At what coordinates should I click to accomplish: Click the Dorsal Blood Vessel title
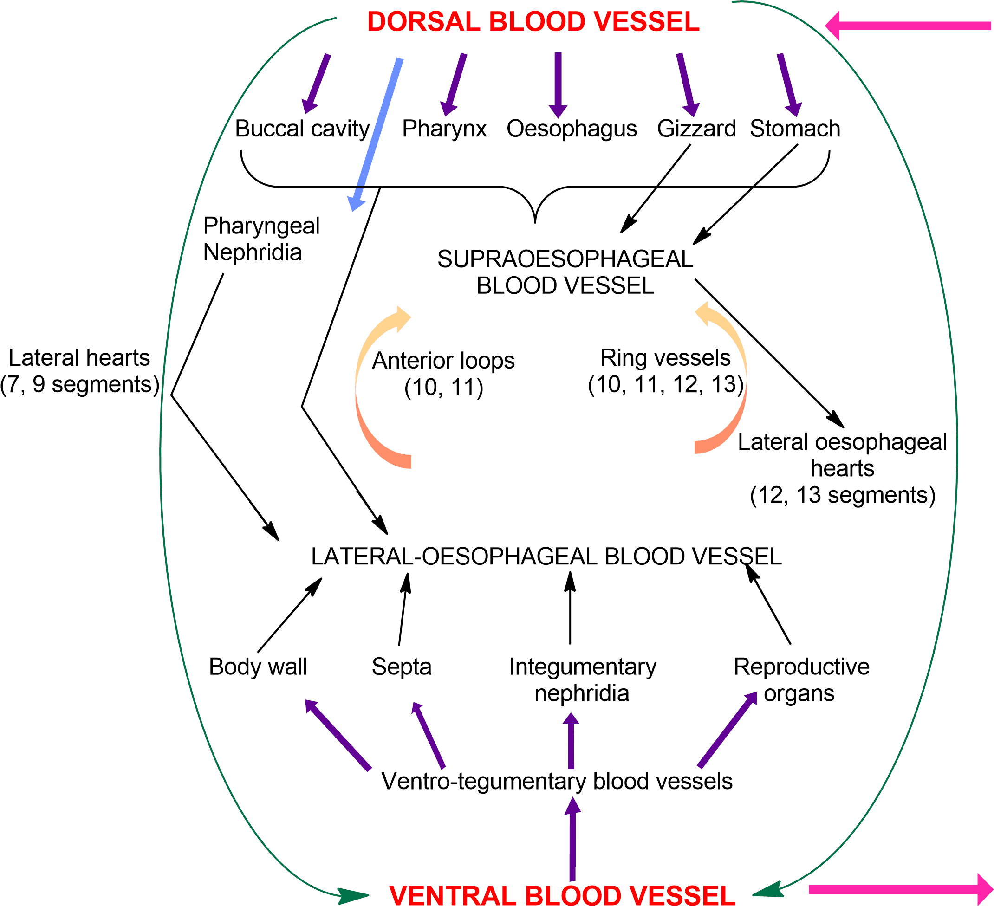[533, 23]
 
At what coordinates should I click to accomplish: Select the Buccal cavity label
[302, 129]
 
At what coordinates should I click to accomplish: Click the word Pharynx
[444, 129]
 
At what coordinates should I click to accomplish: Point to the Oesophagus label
[572, 129]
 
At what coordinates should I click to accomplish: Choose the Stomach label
[795, 129]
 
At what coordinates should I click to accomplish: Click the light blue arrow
[376, 133]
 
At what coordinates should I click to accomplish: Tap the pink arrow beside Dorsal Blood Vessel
[907, 26]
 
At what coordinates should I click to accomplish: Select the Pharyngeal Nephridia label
[261, 239]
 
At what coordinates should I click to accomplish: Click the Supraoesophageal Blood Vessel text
[565, 272]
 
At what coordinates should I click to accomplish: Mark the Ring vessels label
[666, 371]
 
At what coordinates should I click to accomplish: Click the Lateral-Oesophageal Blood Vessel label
[546, 557]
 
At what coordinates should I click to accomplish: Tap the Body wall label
[258, 667]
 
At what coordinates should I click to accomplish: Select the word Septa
[401, 667]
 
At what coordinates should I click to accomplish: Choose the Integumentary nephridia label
[582, 680]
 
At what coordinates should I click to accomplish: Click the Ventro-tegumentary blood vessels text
[557, 781]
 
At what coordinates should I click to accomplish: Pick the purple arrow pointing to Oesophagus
[558, 84]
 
